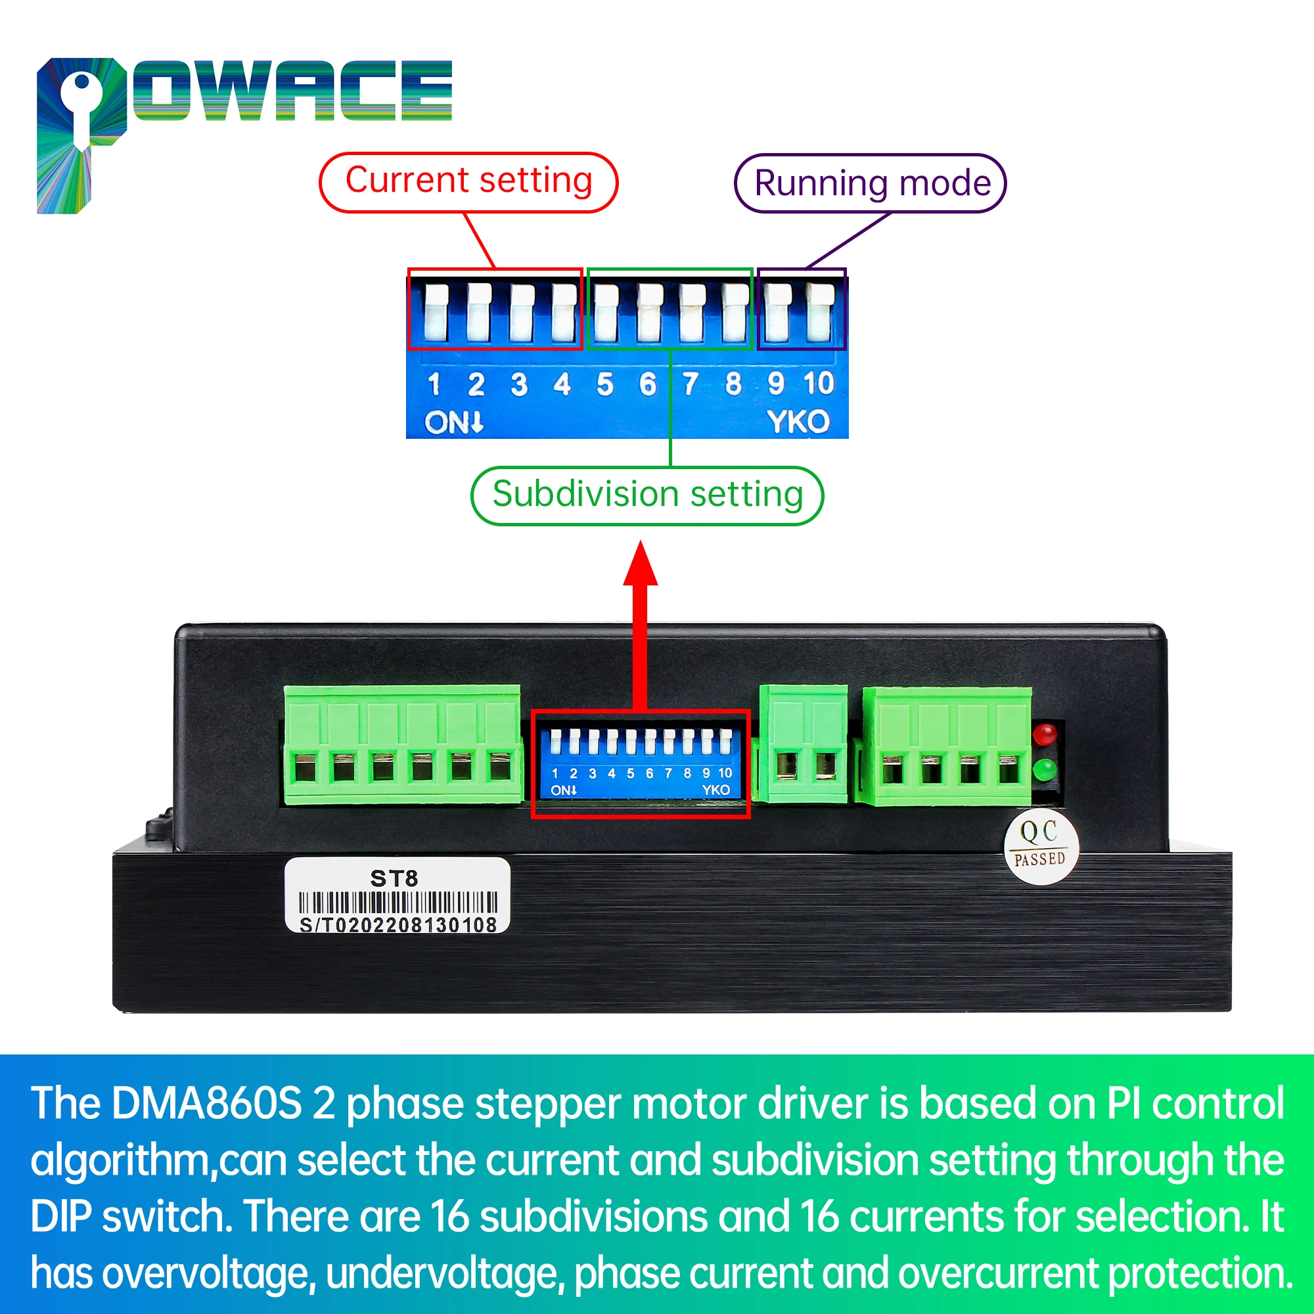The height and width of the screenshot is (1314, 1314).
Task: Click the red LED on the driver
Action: click(x=1045, y=735)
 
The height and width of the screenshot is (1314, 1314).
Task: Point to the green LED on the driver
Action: click(x=1045, y=770)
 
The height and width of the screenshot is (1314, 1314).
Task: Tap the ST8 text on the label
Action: click(x=394, y=878)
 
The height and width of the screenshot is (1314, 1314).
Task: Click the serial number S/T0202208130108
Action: click(x=398, y=925)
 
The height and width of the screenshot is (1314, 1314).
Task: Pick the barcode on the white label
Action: click(x=398, y=903)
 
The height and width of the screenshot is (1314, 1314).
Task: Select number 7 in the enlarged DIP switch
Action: click(x=691, y=384)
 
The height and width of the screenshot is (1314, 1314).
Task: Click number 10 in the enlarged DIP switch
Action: click(x=818, y=384)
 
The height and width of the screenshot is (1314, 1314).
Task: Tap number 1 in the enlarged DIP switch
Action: click(x=434, y=385)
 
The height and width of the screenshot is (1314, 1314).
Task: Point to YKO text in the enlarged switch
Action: click(x=798, y=422)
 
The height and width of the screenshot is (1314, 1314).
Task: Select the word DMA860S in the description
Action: click(x=206, y=1103)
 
